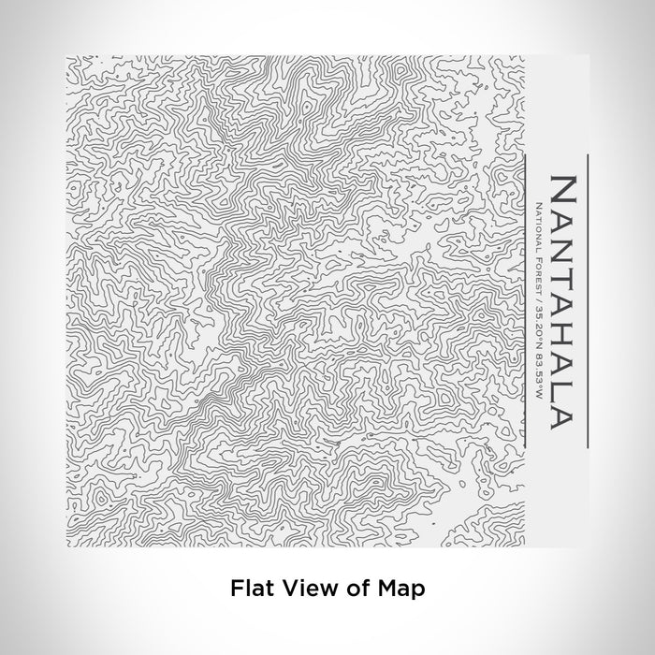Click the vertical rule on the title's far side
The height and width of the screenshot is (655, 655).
(588, 299)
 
